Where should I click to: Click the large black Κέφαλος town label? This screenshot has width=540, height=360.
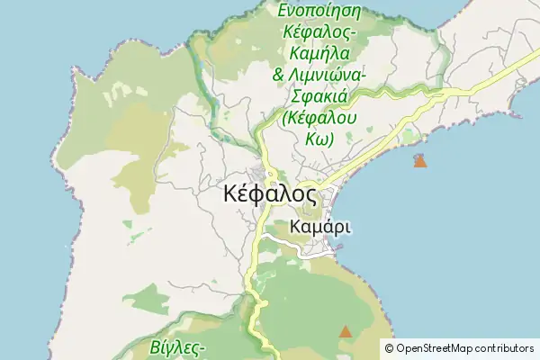click(x=268, y=194)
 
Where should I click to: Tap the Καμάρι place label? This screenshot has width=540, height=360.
click(x=321, y=227)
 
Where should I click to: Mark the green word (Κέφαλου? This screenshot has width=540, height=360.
click(x=319, y=119)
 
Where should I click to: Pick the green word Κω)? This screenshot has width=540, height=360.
click(x=319, y=140)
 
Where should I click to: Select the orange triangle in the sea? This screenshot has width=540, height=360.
click(x=419, y=161)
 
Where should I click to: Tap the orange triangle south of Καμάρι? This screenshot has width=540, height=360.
click(x=346, y=332)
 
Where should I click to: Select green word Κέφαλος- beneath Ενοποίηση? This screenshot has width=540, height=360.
click(x=319, y=32)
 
